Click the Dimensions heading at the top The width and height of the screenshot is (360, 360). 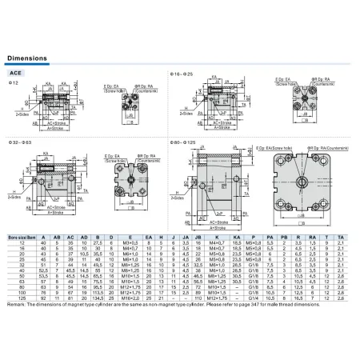(26, 59)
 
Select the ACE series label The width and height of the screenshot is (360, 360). (18, 71)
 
